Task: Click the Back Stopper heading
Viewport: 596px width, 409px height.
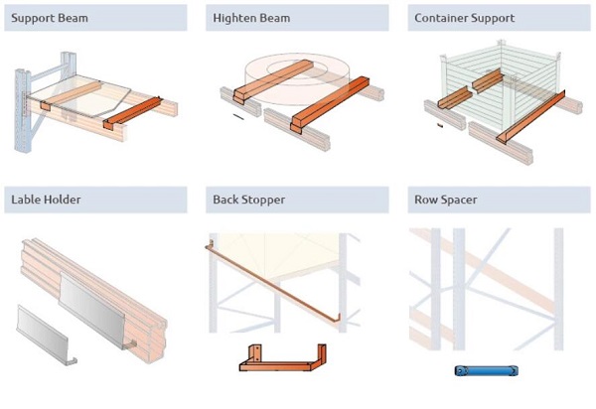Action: [x=249, y=200]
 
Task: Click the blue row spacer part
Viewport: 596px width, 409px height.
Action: [x=486, y=370]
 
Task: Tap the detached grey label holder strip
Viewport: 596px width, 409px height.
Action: [x=46, y=334]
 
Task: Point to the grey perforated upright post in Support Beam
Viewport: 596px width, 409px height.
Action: [x=24, y=109]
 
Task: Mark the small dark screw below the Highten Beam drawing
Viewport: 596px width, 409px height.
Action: [x=237, y=116]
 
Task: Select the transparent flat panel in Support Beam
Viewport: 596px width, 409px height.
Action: [x=84, y=94]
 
